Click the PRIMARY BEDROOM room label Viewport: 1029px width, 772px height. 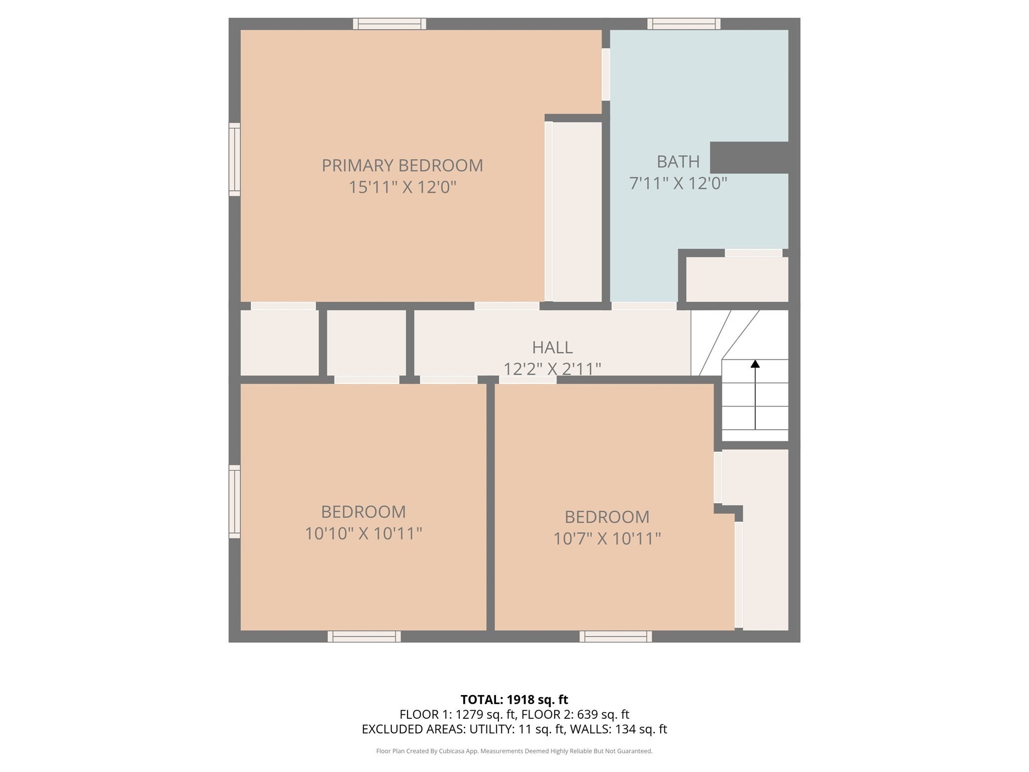click(x=402, y=165)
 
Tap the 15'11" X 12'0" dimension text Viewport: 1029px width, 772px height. click(x=402, y=187)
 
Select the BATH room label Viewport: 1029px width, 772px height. click(x=678, y=161)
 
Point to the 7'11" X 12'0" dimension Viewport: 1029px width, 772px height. click(x=678, y=183)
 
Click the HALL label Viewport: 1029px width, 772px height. click(x=552, y=347)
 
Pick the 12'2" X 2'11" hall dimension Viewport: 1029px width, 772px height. click(x=552, y=369)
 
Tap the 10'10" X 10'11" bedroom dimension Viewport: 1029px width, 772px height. click(x=363, y=533)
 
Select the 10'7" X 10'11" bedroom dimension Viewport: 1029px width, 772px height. click(x=606, y=539)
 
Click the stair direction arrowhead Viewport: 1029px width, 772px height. click(x=755, y=363)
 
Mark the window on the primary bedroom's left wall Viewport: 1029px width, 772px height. click(x=235, y=159)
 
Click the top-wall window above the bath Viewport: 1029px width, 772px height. click(x=683, y=24)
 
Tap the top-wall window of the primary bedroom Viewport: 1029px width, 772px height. click(x=389, y=24)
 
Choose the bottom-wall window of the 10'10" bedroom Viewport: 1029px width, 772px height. click(x=364, y=636)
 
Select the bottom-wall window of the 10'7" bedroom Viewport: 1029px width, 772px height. click(x=615, y=636)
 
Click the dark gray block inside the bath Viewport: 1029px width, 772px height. click(x=749, y=157)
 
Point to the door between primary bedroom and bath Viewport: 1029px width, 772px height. click(x=606, y=74)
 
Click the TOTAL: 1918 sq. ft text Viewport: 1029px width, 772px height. click(x=514, y=699)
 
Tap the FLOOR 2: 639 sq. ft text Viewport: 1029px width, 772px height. click(x=575, y=714)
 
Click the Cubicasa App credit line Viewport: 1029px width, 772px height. click(x=514, y=751)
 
